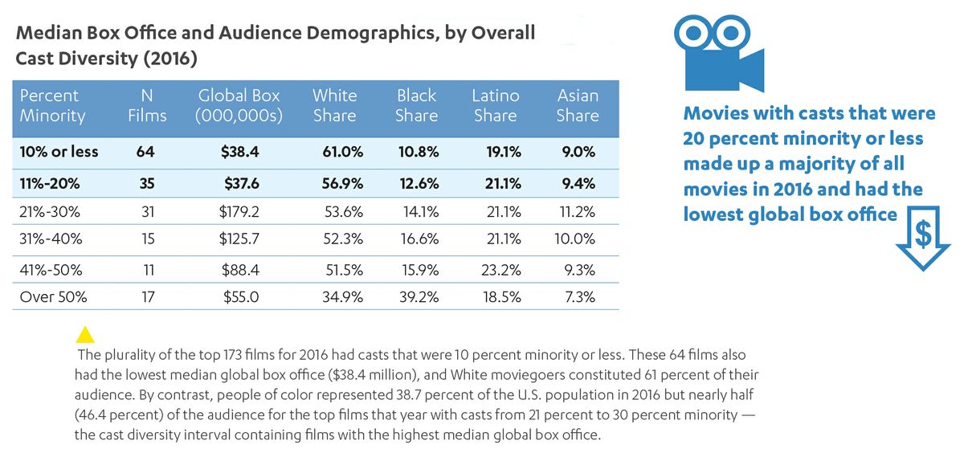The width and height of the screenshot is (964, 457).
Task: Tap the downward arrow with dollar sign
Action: (924, 238)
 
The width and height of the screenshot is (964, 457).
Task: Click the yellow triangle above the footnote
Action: (84, 334)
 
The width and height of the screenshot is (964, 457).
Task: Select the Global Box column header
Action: (239, 105)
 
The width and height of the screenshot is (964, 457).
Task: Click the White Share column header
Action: (334, 105)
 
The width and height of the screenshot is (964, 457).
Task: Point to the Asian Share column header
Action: (578, 105)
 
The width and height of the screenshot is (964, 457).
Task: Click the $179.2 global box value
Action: (240, 212)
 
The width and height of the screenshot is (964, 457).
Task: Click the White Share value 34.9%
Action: (341, 296)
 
